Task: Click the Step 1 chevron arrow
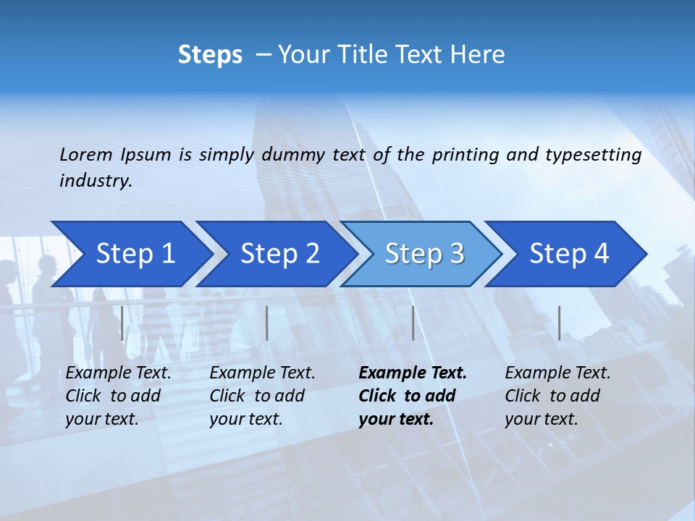tap(130, 254)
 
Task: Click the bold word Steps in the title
tap(210, 54)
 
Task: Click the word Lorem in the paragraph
tap(86, 154)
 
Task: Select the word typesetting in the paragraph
tap(593, 154)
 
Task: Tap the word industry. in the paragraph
tap(96, 180)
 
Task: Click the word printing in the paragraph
tap(458, 154)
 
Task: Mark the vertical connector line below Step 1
tap(122, 323)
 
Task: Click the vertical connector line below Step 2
tap(267, 323)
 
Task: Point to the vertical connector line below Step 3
tap(413, 323)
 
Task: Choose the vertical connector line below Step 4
tap(559, 323)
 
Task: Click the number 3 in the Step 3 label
tap(456, 254)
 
